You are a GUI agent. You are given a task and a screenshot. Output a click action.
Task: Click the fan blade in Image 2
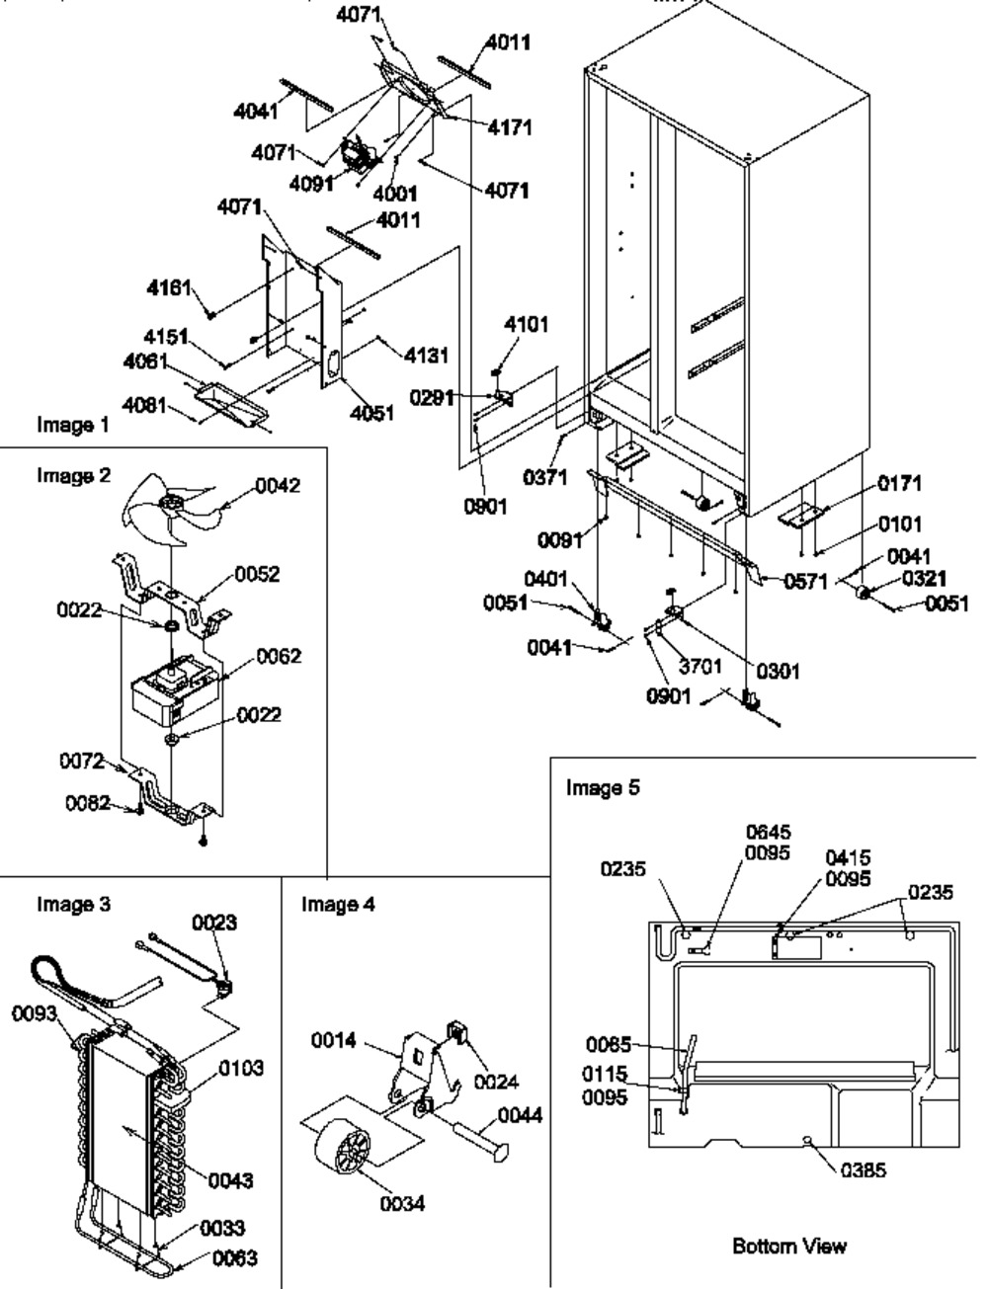point(163,515)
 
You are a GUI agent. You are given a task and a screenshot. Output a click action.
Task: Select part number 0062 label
point(279,656)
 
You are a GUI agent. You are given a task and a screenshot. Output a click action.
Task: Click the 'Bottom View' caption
point(788,1246)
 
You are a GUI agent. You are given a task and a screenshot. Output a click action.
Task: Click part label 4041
point(255,112)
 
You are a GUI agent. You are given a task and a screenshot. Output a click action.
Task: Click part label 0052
point(257,574)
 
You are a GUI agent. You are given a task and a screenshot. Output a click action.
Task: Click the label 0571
point(806,582)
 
